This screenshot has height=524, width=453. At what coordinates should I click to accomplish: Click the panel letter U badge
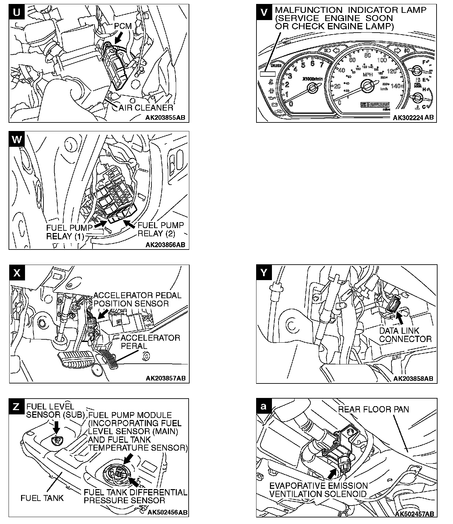(17, 12)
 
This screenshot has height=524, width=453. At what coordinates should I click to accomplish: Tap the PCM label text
(123, 26)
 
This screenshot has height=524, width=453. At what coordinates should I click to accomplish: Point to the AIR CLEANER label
(146, 108)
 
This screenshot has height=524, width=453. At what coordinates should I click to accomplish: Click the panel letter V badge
(264, 12)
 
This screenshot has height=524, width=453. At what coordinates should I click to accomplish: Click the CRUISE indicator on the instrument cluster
(276, 65)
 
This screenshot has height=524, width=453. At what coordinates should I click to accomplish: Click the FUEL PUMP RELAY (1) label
(65, 232)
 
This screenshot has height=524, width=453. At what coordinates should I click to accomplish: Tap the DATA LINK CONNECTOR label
(405, 335)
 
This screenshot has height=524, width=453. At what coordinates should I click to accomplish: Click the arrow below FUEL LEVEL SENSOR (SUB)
(57, 427)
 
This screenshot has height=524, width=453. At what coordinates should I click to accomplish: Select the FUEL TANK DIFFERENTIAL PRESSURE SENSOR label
(135, 496)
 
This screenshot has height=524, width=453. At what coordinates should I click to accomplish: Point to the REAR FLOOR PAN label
(374, 409)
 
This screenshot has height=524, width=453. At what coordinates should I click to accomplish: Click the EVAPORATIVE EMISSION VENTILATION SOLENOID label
(318, 490)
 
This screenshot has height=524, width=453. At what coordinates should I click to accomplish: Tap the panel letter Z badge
(16, 406)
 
